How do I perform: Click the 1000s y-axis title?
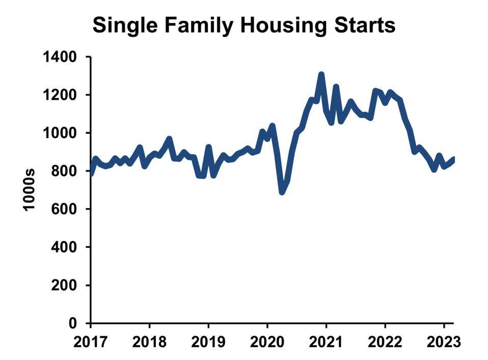30,190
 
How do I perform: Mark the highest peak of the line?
321,75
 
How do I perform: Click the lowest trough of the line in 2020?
282,192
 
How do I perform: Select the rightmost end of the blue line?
454,159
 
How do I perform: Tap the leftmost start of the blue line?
92,173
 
